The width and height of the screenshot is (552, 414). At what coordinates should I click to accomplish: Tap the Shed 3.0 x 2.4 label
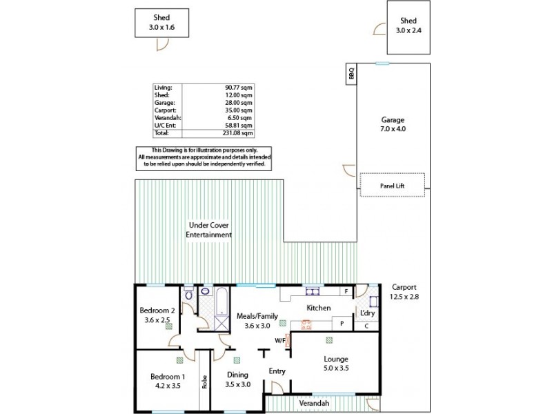click(409, 26)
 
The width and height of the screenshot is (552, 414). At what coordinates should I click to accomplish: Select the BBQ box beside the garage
click(351, 72)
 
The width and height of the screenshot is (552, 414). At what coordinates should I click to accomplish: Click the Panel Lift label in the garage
click(392, 185)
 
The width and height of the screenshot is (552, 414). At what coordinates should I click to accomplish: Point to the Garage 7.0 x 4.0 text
click(393, 124)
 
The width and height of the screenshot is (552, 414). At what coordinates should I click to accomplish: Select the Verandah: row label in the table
click(166, 117)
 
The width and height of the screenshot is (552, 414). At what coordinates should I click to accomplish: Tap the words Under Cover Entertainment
click(208, 230)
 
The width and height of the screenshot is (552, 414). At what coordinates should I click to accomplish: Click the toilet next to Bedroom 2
click(188, 294)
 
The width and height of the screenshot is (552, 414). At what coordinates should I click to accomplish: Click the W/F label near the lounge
click(280, 339)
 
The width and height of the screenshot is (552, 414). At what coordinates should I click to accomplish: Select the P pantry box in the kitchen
click(341, 323)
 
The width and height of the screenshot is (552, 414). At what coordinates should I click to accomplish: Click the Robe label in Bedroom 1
click(204, 382)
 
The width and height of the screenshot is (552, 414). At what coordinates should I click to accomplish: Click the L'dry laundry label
click(368, 313)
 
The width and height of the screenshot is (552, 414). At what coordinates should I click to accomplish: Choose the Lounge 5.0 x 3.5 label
click(335, 364)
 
